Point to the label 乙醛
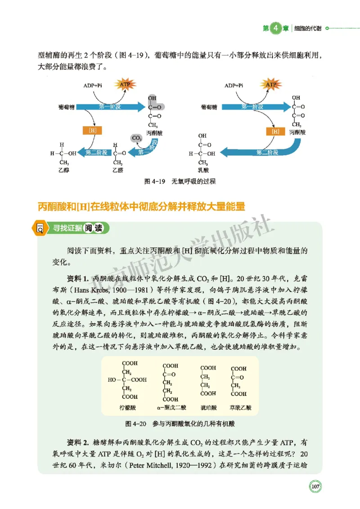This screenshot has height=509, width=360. click(x=118, y=171)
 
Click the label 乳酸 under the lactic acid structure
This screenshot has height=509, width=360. click(x=204, y=171)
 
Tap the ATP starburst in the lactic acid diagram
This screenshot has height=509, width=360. click(x=270, y=84)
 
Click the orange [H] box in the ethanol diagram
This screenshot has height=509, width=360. click(x=93, y=131)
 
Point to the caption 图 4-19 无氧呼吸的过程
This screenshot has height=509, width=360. click(x=180, y=182)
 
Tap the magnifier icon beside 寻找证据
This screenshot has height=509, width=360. click(x=40, y=228)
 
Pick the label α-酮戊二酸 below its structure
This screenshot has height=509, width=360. click(x=171, y=408)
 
